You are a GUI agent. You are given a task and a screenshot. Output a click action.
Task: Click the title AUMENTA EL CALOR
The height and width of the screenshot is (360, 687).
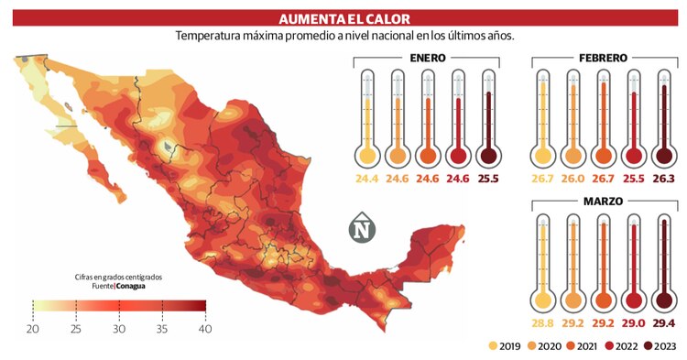point(343,17)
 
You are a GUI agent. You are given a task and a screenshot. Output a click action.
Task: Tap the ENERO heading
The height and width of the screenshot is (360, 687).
point(428,58)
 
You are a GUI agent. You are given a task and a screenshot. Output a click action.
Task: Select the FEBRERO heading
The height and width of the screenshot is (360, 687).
point(602,58)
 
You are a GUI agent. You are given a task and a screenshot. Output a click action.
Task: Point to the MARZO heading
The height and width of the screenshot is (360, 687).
point(602,201)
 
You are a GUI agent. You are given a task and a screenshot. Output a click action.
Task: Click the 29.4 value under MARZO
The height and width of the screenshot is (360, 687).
point(664,323)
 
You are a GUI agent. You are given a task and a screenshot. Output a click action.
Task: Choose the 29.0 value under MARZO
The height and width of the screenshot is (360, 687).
point(635,323)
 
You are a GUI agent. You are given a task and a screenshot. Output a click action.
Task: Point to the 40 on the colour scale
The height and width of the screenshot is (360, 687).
point(205,328)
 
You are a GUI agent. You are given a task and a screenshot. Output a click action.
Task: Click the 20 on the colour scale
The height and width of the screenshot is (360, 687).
point(33,328)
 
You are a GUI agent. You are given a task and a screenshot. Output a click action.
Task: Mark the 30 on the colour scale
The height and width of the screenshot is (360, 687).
point(119,328)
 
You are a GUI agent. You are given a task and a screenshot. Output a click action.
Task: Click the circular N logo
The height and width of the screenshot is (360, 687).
point(365,228)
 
